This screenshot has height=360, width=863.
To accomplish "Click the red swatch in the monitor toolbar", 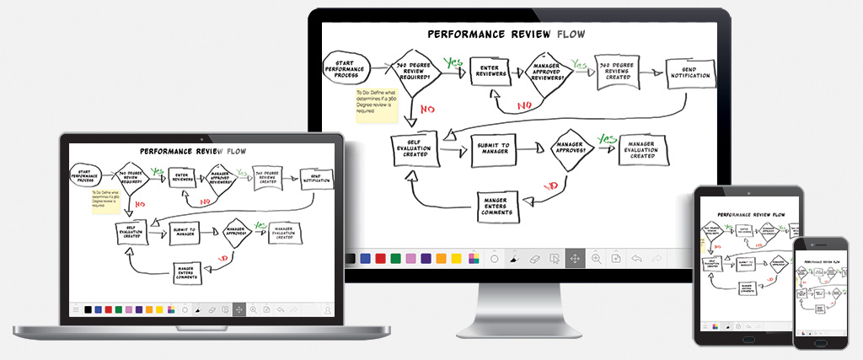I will pos(381,258).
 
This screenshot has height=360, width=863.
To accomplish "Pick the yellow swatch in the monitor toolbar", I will pos(457,258).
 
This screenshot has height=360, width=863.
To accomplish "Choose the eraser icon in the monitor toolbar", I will pos(533,258).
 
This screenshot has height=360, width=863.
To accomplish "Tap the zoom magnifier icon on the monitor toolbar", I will pos(597,258).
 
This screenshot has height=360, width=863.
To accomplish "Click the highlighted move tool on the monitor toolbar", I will pos(576,258).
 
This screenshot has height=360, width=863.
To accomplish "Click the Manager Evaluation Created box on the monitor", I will pos(643,150).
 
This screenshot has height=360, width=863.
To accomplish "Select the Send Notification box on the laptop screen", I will pos(317,179).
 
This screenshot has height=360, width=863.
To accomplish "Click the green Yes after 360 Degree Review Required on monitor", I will pos(454,62).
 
